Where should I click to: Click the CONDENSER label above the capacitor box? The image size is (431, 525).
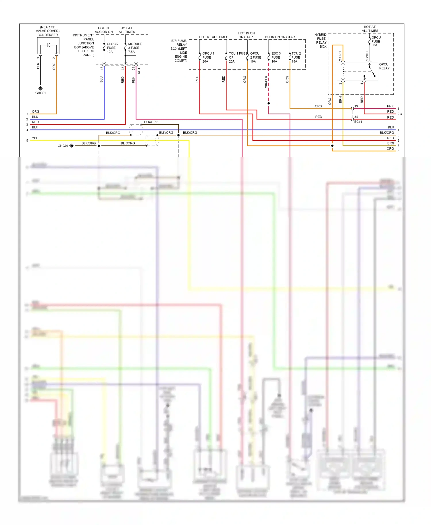click(47, 35)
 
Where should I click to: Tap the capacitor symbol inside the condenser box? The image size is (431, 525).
click(49, 45)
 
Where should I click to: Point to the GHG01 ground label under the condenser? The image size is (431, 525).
click(41, 93)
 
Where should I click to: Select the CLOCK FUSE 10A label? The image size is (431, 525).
click(112, 48)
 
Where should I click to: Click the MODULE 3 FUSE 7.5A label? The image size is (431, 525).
click(134, 48)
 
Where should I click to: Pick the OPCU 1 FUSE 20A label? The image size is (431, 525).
click(208, 57)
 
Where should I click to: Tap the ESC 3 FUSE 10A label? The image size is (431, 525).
click(276, 57)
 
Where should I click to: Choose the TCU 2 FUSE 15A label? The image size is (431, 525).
click(296, 57)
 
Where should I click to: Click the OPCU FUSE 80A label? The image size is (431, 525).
click(376, 41)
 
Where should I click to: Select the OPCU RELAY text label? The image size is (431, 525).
click(384, 66)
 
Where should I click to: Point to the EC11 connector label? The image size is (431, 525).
click(358, 122)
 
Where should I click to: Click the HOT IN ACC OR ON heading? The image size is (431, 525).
click(104, 30)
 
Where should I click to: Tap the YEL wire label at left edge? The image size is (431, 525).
click(35, 138)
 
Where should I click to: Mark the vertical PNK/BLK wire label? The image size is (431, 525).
click(266, 83)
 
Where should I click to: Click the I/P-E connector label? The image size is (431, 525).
click(139, 70)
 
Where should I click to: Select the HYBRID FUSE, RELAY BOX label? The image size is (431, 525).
click(321, 40)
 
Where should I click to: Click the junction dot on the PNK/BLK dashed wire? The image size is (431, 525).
click(269, 103)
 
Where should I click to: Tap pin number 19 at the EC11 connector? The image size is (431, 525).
click(356, 106)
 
